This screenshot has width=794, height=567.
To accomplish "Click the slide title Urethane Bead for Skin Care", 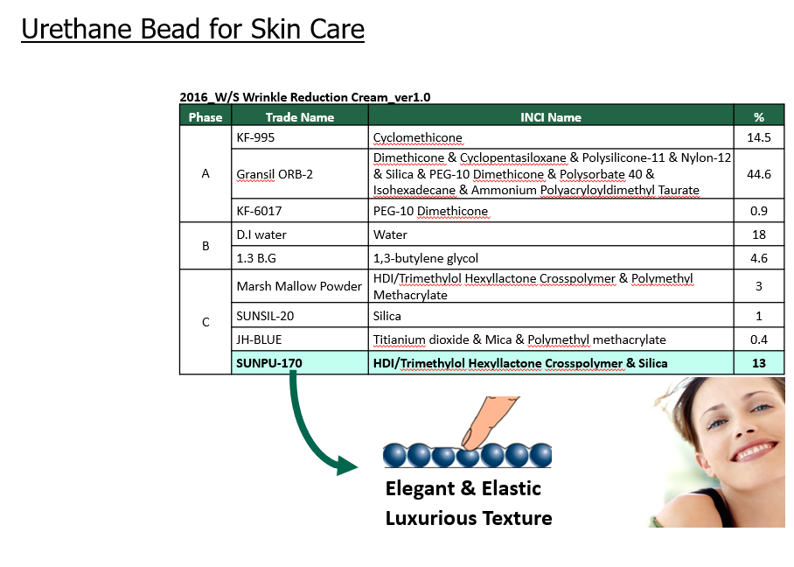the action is point(193,29).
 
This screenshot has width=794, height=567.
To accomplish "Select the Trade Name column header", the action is point(300,117).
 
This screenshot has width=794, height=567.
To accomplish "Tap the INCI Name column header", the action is point(551,117).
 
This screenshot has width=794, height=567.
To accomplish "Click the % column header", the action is point(758,117).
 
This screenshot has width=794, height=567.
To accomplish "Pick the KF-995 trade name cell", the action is point(300,137).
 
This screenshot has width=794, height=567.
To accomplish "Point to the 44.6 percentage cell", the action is point(758,174).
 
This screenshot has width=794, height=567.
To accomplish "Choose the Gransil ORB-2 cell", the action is point(300,174).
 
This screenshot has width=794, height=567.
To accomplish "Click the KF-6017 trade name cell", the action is point(300,211).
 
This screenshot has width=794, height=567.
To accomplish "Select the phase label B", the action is point(205,246).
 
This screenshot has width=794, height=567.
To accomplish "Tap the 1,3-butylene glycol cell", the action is point(551,258).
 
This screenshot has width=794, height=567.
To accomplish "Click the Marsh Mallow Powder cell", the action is point(300,286).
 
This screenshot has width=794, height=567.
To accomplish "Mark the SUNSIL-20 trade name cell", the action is point(300,316).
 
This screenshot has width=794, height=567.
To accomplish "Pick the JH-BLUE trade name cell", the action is point(300,339).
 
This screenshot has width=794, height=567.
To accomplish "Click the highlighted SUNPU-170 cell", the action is point(300,363).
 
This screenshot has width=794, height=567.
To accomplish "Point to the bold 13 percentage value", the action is point(758,363).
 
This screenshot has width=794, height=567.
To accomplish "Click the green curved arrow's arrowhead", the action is point(347,465).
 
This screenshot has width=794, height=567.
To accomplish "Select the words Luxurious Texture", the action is point(469,518).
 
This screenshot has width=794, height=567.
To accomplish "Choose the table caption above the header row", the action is point(305,97).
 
